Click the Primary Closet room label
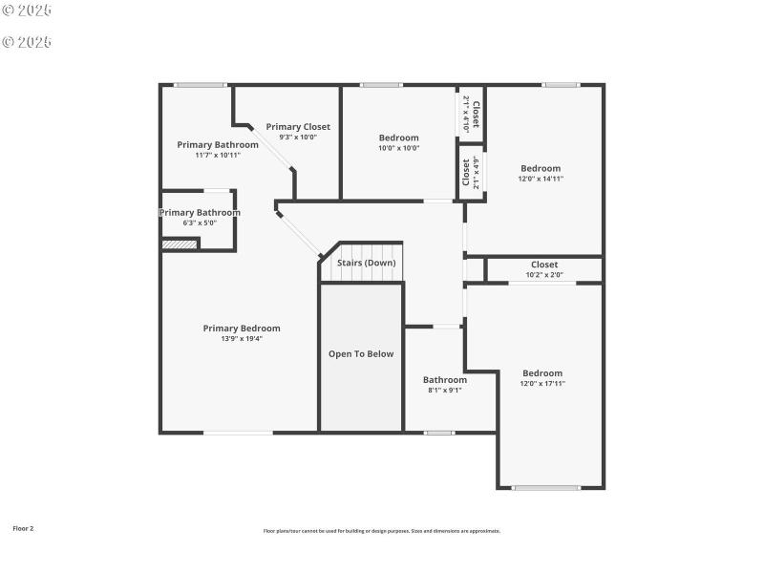298,127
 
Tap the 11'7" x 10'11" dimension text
218,155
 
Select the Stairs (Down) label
366,263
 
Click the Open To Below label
361,354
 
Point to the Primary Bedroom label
242,329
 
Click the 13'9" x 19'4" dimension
242,338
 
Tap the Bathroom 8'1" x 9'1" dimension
445,390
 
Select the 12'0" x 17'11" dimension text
542,383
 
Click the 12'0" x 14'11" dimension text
541,179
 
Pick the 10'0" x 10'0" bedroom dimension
398,148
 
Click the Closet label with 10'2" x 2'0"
544,265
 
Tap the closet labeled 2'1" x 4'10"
471,113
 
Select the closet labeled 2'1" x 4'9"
471,172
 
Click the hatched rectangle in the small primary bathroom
179,244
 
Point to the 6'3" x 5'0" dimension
200,223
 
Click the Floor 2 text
23,528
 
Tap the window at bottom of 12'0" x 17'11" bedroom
546,488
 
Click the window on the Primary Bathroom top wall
200,85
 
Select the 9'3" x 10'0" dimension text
298,137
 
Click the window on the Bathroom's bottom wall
439,433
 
